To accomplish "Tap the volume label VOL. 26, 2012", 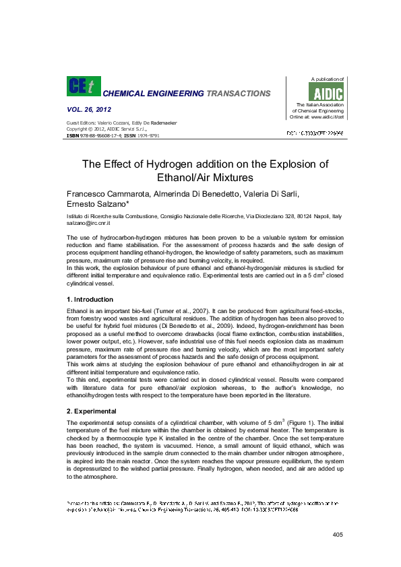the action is pyautogui.click(x=89, y=109).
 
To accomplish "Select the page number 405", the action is pyautogui.click(x=338, y=534).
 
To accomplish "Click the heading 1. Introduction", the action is pyautogui.click(x=90, y=298).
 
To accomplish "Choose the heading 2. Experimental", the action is pyautogui.click(x=91, y=410).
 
